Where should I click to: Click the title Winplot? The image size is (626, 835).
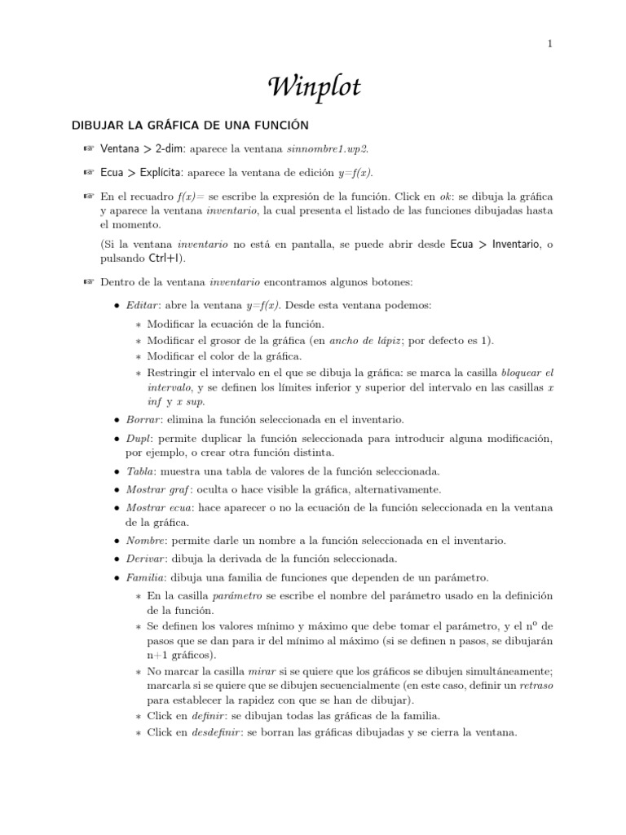(313, 86)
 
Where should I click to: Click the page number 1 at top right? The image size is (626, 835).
(550, 43)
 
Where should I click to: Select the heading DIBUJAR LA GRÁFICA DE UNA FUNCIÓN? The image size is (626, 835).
(191, 125)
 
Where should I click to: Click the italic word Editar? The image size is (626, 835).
(141, 305)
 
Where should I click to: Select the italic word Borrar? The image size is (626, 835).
(142, 419)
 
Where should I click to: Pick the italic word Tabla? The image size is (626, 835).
(139, 471)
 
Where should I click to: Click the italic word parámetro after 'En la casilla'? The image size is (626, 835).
(236, 596)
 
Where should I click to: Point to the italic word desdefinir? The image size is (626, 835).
(209, 731)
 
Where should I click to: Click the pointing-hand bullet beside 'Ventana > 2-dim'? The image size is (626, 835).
(89, 149)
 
